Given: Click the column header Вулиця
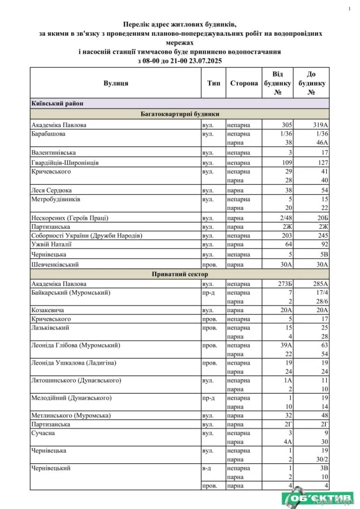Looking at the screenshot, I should click(x=116, y=84).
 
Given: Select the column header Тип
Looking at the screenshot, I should click(x=213, y=84).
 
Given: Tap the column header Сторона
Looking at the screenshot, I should click(x=244, y=84).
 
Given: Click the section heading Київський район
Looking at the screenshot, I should click(x=55, y=103).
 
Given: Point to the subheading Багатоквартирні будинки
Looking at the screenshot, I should click(x=180, y=114).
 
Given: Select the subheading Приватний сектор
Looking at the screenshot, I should click(x=180, y=274).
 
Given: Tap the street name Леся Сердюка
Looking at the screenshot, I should click(x=51, y=190).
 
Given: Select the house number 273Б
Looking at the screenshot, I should click(x=284, y=283).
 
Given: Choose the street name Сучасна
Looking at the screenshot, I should click(x=43, y=433).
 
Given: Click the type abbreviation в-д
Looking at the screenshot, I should click(x=207, y=468).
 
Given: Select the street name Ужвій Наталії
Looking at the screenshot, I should click(x=52, y=244).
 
